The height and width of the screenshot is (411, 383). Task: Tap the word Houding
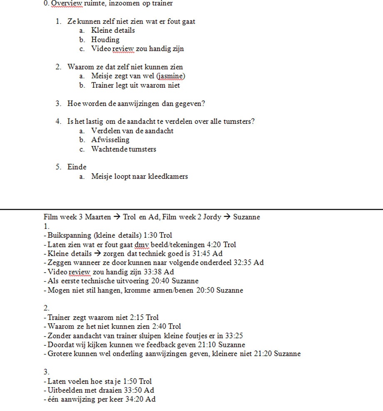[x=105, y=39]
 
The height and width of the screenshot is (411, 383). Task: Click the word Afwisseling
[x=110, y=140]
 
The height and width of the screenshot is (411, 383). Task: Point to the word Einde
[x=77, y=167]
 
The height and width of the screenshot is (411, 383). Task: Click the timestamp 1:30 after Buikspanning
[x=151, y=235]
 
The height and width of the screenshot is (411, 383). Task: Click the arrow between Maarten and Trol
[x=117, y=217]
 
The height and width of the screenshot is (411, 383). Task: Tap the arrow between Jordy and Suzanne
[x=227, y=217]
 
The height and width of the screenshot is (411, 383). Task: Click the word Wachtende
[x=109, y=149]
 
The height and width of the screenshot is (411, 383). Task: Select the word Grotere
[x=60, y=354]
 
